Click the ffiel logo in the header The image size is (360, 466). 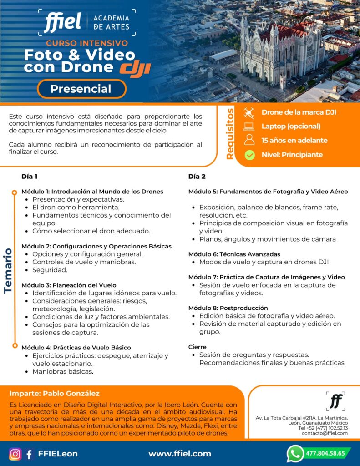(x=62, y=22)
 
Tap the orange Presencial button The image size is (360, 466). (x=81, y=89)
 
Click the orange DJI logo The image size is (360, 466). (x=135, y=68)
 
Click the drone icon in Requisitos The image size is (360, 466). (x=249, y=112)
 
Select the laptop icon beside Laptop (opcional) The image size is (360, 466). (x=249, y=127)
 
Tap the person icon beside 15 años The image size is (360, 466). (x=249, y=140)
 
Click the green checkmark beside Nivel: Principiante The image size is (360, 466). (x=249, y=155)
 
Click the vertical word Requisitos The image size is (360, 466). (x=230, y=134)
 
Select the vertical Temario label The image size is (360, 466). (x=8, y=270)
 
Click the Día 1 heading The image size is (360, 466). (x=29, y=177)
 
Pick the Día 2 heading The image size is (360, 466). (x=197, y=177)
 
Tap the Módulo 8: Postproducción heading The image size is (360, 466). (x=228, y=308)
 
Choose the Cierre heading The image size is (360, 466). (x=197, y=347)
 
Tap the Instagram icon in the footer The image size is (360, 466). (x=15, y=454)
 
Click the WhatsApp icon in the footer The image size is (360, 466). (x=295, y=453)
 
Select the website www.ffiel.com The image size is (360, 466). (x=180, y=454)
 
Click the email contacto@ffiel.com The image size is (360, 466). (x=325, y=433)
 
